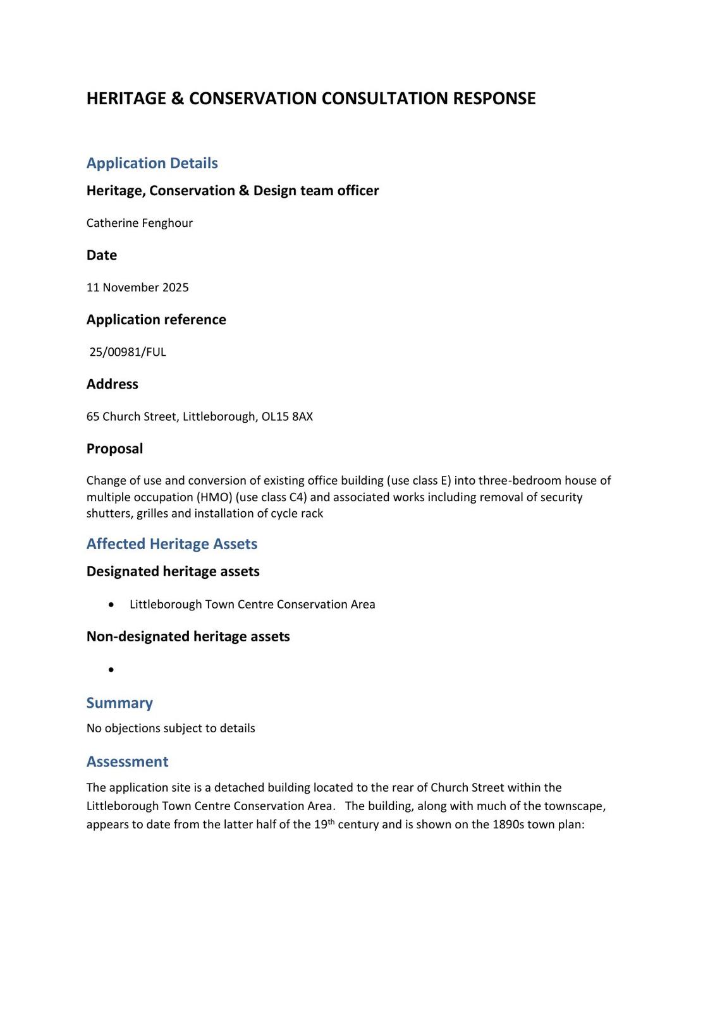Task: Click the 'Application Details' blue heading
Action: point(152,163)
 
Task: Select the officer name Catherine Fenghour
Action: point(139,223)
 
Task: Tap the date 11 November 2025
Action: point(137,288)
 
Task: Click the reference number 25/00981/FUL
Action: point(127,352)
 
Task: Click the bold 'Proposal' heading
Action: point(114,449)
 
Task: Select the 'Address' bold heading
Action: point(112,384)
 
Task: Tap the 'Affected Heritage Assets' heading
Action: point(171,544)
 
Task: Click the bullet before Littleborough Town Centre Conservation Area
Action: point(111,605)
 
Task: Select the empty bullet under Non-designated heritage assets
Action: point(111,669)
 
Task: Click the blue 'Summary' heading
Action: point(119,703)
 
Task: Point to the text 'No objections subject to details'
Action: point(171,729)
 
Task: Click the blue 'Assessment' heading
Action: point(127,761)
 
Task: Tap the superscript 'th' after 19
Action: point(331,822)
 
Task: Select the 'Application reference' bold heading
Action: point(156,320)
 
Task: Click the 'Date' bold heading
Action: point(101,255)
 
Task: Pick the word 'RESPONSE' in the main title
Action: point(494,99)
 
